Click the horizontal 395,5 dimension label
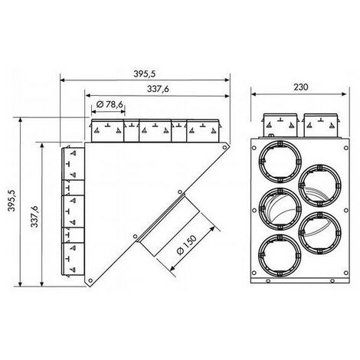(x=144, y=74)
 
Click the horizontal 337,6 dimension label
(x=158, y=89)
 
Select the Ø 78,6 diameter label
(x=110, y=104)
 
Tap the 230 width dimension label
(x=301, y=87)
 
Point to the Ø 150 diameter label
(x=187, y=244)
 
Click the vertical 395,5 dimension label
(x=11, y=201)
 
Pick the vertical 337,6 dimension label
(x=34, y=216)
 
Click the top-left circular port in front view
(x=280, y=162)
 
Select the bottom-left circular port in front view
(x=280, y=256)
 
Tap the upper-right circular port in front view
(x=319, y=185)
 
